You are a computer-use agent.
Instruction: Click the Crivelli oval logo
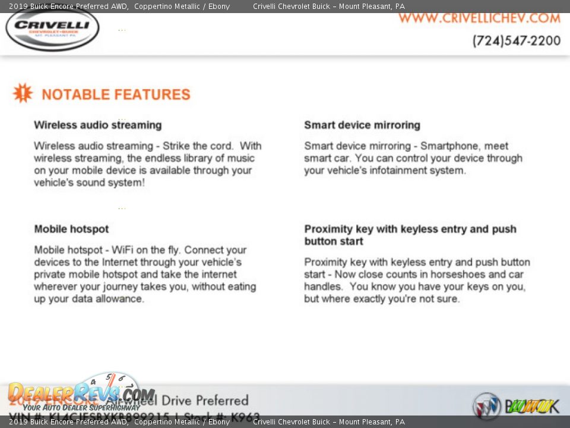point(52,28)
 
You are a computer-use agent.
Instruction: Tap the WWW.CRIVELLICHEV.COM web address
point(479,18)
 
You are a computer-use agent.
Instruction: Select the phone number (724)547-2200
point(516,41)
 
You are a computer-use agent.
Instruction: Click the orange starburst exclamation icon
point(23,93)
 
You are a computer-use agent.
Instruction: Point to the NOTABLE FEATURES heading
point(116,95)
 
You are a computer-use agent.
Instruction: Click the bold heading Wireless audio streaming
point(97,125)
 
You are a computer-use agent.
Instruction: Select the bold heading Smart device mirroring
point(362,125)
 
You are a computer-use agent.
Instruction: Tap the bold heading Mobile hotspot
point(71,229)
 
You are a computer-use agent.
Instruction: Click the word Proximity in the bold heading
point(328,229)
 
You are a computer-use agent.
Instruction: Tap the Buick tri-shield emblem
point(486,406)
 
